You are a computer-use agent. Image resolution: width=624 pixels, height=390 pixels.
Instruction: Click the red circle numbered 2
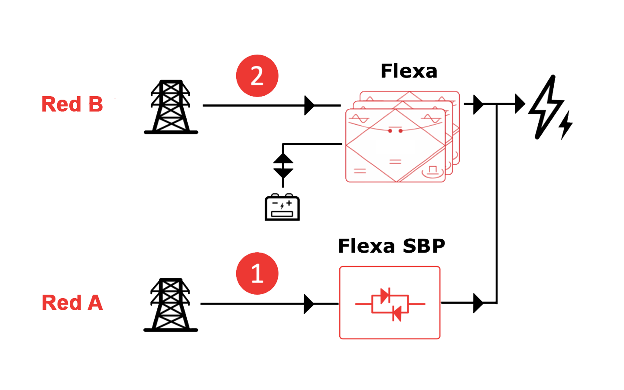(257, 76)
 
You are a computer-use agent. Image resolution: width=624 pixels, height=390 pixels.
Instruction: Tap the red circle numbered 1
(257, 273)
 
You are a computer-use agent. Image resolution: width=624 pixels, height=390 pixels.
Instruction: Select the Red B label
(72, 104)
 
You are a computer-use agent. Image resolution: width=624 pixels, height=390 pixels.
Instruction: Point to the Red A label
(72, 302)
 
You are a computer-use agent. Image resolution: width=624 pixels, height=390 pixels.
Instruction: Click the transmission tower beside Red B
(171, 107)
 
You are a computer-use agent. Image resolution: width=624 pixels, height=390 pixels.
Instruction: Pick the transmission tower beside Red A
(171, 305)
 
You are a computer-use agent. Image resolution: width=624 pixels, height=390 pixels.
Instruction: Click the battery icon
(282, 207)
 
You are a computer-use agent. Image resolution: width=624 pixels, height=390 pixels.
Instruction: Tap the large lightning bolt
(546, 107)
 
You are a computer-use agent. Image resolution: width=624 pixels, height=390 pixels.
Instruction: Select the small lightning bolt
(566, 125)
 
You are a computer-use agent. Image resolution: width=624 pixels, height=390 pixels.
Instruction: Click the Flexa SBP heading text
(392, 246)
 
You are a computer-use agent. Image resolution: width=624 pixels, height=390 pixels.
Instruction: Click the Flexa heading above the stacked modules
(409, 71)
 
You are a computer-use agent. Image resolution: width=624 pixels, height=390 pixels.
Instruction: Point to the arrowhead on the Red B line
(309, 106)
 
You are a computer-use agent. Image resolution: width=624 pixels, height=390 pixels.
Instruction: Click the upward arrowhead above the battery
(283, 158)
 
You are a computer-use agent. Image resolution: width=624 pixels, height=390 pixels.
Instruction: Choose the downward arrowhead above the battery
(283, 173)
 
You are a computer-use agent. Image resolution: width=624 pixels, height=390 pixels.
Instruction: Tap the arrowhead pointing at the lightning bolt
(520, 104)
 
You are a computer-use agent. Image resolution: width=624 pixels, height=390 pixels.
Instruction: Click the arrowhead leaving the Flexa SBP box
(478, 303)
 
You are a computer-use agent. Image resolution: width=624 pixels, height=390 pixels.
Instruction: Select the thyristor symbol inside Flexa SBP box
(390, 304)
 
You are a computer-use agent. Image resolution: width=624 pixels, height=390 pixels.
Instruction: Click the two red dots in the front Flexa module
(395, 131)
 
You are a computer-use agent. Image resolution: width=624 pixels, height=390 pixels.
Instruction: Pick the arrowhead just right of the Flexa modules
(478, 104)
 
